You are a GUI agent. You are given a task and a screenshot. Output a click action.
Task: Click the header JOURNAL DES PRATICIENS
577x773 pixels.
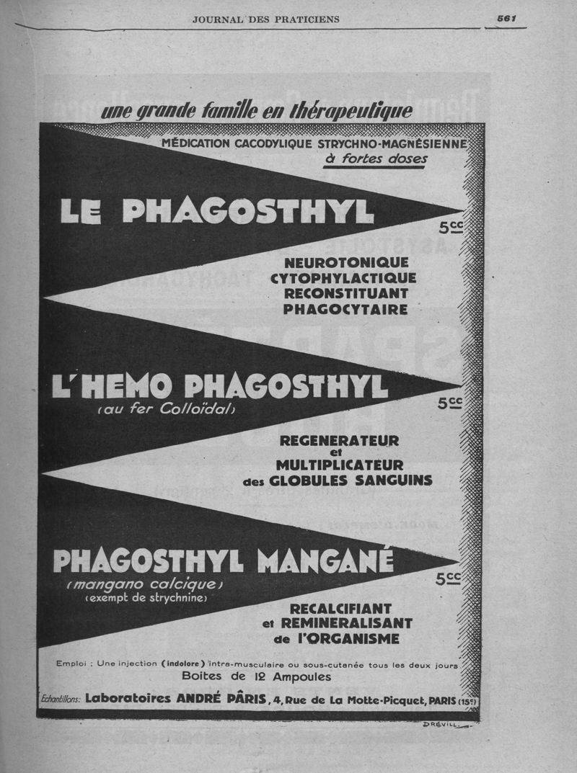click(x=265, y=19)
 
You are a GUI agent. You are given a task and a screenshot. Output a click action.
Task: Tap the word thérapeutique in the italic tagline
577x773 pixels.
click(x=351, y=110)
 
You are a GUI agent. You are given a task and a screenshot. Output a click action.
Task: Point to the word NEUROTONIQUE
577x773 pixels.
click(x=346, y=262)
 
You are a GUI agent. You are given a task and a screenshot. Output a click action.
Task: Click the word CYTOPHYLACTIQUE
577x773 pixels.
click(x=343, y=278)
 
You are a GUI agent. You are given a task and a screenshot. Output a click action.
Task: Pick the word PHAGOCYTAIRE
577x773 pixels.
click(x=345, y=310)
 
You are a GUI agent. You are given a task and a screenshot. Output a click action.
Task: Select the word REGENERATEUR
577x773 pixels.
click(x=338, y=440)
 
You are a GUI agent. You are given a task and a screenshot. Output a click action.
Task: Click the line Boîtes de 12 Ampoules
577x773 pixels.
click(x=256, y=677)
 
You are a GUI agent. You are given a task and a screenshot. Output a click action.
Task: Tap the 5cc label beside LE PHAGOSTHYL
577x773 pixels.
click(x=450, y=228)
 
